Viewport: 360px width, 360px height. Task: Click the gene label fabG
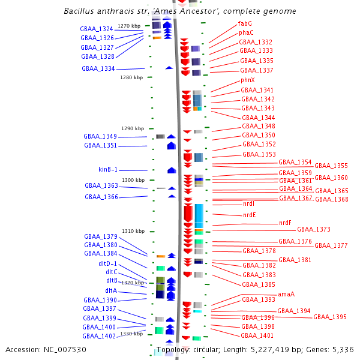coord(245,23)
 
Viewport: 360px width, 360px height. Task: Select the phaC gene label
coord(246,32)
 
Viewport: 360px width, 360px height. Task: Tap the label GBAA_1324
coord(97,29)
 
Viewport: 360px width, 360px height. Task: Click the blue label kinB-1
coord(108,170)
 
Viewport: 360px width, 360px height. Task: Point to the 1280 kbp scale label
coord(131,77)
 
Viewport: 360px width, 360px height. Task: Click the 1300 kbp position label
coord(133,180)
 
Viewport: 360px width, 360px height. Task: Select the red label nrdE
coord(249,215)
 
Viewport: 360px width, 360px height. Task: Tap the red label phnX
coord(248,80)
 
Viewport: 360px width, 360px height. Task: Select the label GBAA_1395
coord(330,317)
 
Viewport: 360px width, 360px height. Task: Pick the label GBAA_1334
coord(98,69)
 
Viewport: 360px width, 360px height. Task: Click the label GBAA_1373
coord(314,229)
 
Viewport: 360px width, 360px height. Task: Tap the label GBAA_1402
coord(99,337)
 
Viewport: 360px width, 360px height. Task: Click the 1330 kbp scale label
coord(131,334)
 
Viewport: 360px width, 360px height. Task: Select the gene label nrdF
coord(285,223)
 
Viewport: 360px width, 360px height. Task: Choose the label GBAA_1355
coord(331,166)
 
